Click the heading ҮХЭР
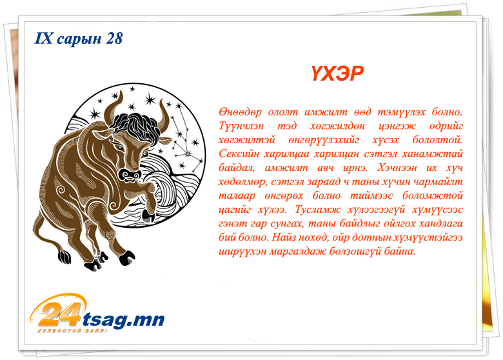[337, 74]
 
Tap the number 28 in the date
[114, 38]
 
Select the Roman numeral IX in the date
[43, 38]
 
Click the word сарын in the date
[79, 39]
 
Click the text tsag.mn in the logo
[124, 319]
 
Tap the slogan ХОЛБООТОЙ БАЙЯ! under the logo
[72, 331]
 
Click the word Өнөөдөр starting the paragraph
[241, 112]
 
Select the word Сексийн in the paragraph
[239, 154]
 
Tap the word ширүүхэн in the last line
[242, 251]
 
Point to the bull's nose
[130, 175]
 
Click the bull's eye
[119, 148]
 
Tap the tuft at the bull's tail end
[64, 256]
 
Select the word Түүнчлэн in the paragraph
[242, 126]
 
